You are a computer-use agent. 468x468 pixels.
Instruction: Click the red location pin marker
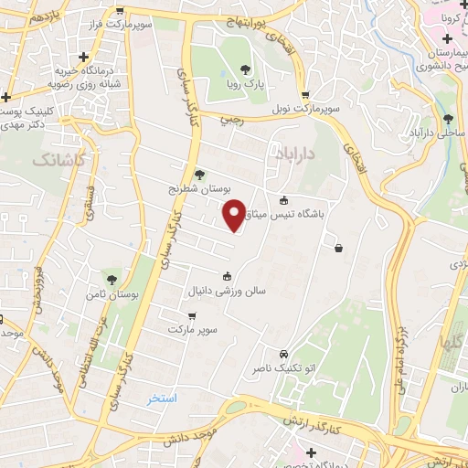pyautogui.click(x=234, y=214)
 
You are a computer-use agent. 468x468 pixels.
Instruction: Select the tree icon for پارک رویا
pyautogui.click(x=244, y=69)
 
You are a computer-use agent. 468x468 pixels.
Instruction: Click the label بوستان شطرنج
pyautogui.click(x=201, y=188)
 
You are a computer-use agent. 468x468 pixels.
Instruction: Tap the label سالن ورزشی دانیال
pyautogui.click(x=227, y=292)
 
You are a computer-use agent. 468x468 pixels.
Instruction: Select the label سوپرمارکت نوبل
pyautogui.click(x=303, y=109)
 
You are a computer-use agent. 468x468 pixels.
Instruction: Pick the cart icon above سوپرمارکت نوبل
pyautogui.click(x=305, y=94)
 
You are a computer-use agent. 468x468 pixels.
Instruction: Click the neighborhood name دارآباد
pyautogui.click(x=292, y=155)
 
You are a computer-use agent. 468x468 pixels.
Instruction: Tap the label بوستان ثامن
pyautogui.click(x=112, y=294)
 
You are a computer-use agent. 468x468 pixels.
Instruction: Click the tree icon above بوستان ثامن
pyautogui.click(x=112, y=280)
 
